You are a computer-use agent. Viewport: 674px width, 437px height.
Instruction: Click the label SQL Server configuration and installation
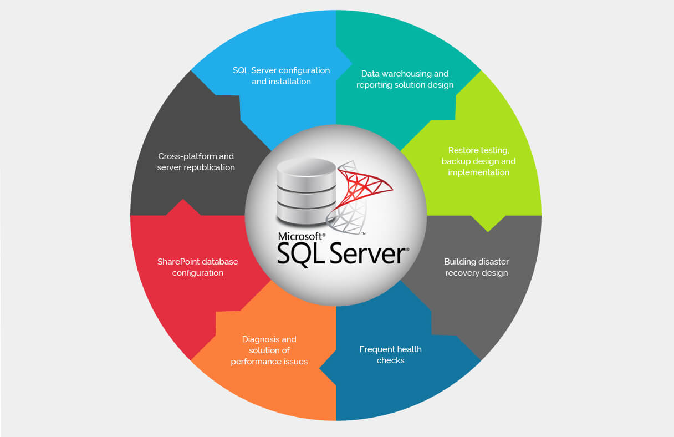(x=281, y=76)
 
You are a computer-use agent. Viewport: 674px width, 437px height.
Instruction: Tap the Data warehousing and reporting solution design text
(x=405, y=79)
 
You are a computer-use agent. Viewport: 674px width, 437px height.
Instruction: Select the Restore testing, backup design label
(x=478, y=161)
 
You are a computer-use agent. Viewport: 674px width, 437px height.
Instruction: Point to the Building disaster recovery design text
(x=476, y=267)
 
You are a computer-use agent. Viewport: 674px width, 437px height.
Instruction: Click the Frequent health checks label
(x=390, y=355)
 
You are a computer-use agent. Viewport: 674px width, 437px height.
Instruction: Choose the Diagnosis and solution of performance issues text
(x=269, y=350)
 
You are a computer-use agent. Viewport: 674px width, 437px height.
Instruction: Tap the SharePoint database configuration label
(x=197, y=267)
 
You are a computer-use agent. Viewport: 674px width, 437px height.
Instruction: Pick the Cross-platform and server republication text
(x=196, y=162)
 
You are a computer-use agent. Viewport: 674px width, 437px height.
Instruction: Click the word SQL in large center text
(x=300, y=254)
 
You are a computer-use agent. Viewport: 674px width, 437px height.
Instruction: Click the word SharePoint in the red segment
(x=178, y=261)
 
